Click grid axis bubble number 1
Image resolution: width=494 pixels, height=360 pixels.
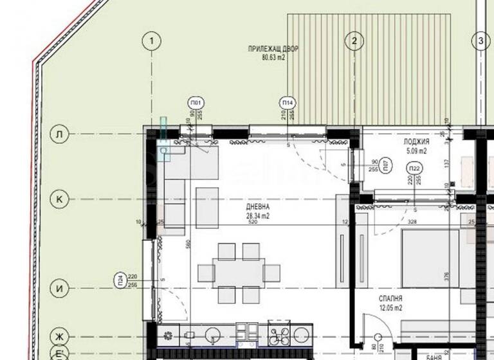coord(151,41)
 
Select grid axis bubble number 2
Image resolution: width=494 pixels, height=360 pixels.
coord(354,41)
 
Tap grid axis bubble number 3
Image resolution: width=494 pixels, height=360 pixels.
coord(480,41)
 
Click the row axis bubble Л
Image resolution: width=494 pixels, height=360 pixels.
coord(59,134)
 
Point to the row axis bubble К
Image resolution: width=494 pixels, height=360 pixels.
coord(59,199)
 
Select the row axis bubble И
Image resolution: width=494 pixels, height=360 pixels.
coord(59,289)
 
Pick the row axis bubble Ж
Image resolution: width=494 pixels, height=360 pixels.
coord(59,336)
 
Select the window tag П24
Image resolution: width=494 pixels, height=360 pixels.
coord(120,280)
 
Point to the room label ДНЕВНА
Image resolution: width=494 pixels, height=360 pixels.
coord(257,208)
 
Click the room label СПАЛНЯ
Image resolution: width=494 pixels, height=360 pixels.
coord(390,299)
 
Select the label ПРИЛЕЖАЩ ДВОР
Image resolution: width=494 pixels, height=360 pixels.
coord(273,49)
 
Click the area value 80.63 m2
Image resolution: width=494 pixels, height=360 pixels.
coord(273,57)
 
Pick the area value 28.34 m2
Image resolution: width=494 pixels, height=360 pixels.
coord(257,216)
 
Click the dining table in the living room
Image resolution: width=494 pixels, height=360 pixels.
coord(239,272)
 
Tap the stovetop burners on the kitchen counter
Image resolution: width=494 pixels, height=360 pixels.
coord(281,336)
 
